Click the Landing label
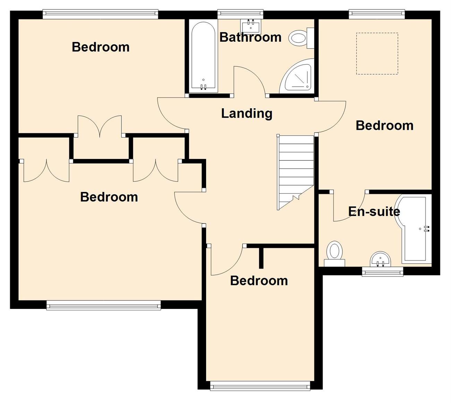[x=247, y=114]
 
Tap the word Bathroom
[x=250, y=37]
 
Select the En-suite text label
[x=374, y=211]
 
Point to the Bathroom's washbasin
[x=251, y=26]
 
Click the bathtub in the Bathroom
[x=203, y=57]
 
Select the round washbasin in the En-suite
[x=380, y=259]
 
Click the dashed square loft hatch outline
[x=377, y=53]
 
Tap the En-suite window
[x=382, y=271]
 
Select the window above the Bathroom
[x=240, y=14]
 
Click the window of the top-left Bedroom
[x=100, y=14]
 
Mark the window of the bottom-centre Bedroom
[x=260, y=385]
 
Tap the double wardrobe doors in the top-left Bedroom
[x=100, y=126]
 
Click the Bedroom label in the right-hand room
[x=384, y=125]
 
